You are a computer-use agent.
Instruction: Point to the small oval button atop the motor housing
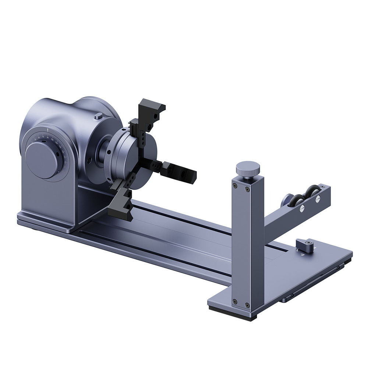[98, 116]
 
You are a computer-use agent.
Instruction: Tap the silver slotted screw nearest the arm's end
[317, 201]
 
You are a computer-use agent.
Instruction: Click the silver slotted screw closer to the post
[302, 208]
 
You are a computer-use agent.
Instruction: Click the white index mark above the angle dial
[48, 130]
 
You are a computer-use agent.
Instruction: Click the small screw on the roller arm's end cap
[323, 188]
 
